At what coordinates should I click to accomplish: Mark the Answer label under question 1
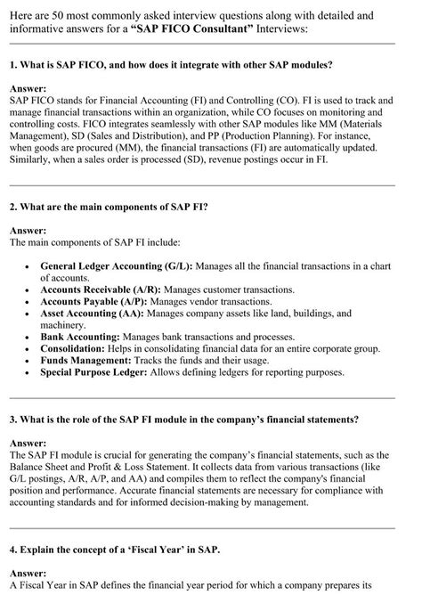pyautogui.click(x=28, y=89)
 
